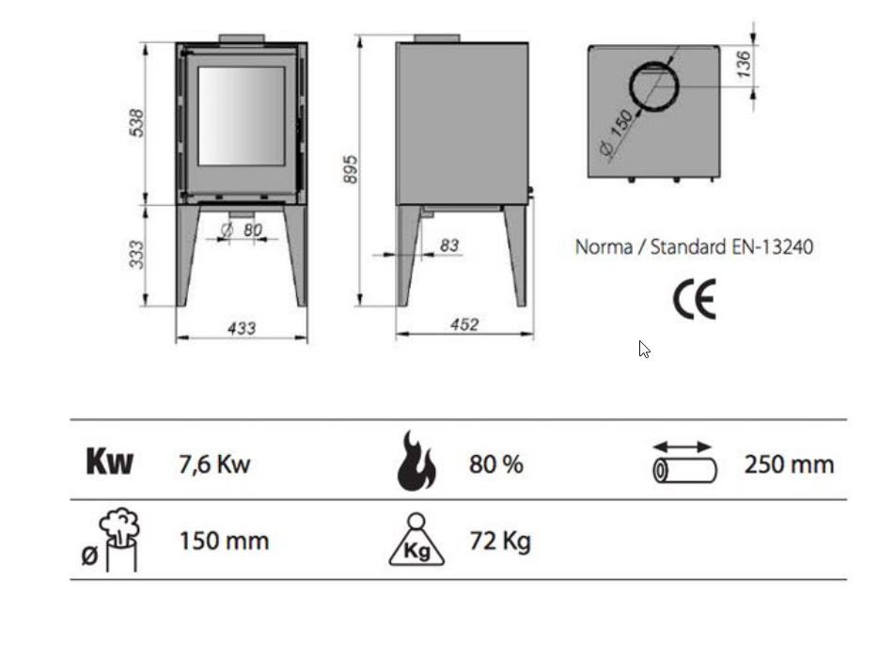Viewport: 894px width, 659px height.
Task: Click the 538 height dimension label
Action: tap(136, 123)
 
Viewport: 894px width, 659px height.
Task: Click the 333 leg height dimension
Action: tap(136, 255)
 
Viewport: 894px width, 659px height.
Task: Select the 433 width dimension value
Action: tap(242, 328)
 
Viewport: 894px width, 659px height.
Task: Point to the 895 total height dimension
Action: tap(350, 169)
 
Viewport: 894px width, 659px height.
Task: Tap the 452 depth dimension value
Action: tap(464, 325)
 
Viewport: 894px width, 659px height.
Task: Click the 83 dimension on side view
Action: tap(449, 246)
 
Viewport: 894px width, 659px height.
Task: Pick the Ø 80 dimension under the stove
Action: tap(243, 229)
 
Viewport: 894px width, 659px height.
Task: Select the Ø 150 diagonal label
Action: tap(617, 133)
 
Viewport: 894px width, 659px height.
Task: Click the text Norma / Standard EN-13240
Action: tap(694, 247)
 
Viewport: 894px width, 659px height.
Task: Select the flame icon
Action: tap(416, 462)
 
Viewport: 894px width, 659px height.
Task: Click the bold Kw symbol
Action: tap(110, 462)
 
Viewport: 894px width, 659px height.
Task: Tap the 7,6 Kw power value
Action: tap(214, 463)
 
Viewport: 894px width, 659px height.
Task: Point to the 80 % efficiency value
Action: tap(495, 463)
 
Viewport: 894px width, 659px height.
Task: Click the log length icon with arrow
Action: tap(684, 462)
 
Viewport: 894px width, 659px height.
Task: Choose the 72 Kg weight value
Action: tap(499, 541)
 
